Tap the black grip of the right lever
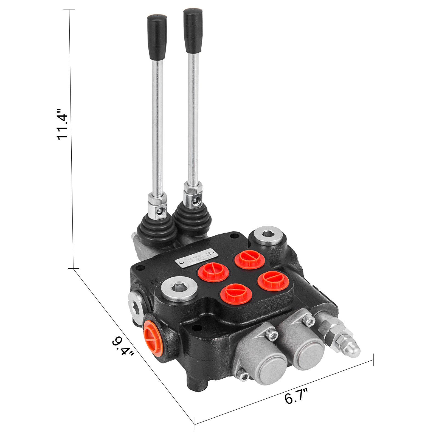tap(193, 30)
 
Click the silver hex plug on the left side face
tap(136, 304)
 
